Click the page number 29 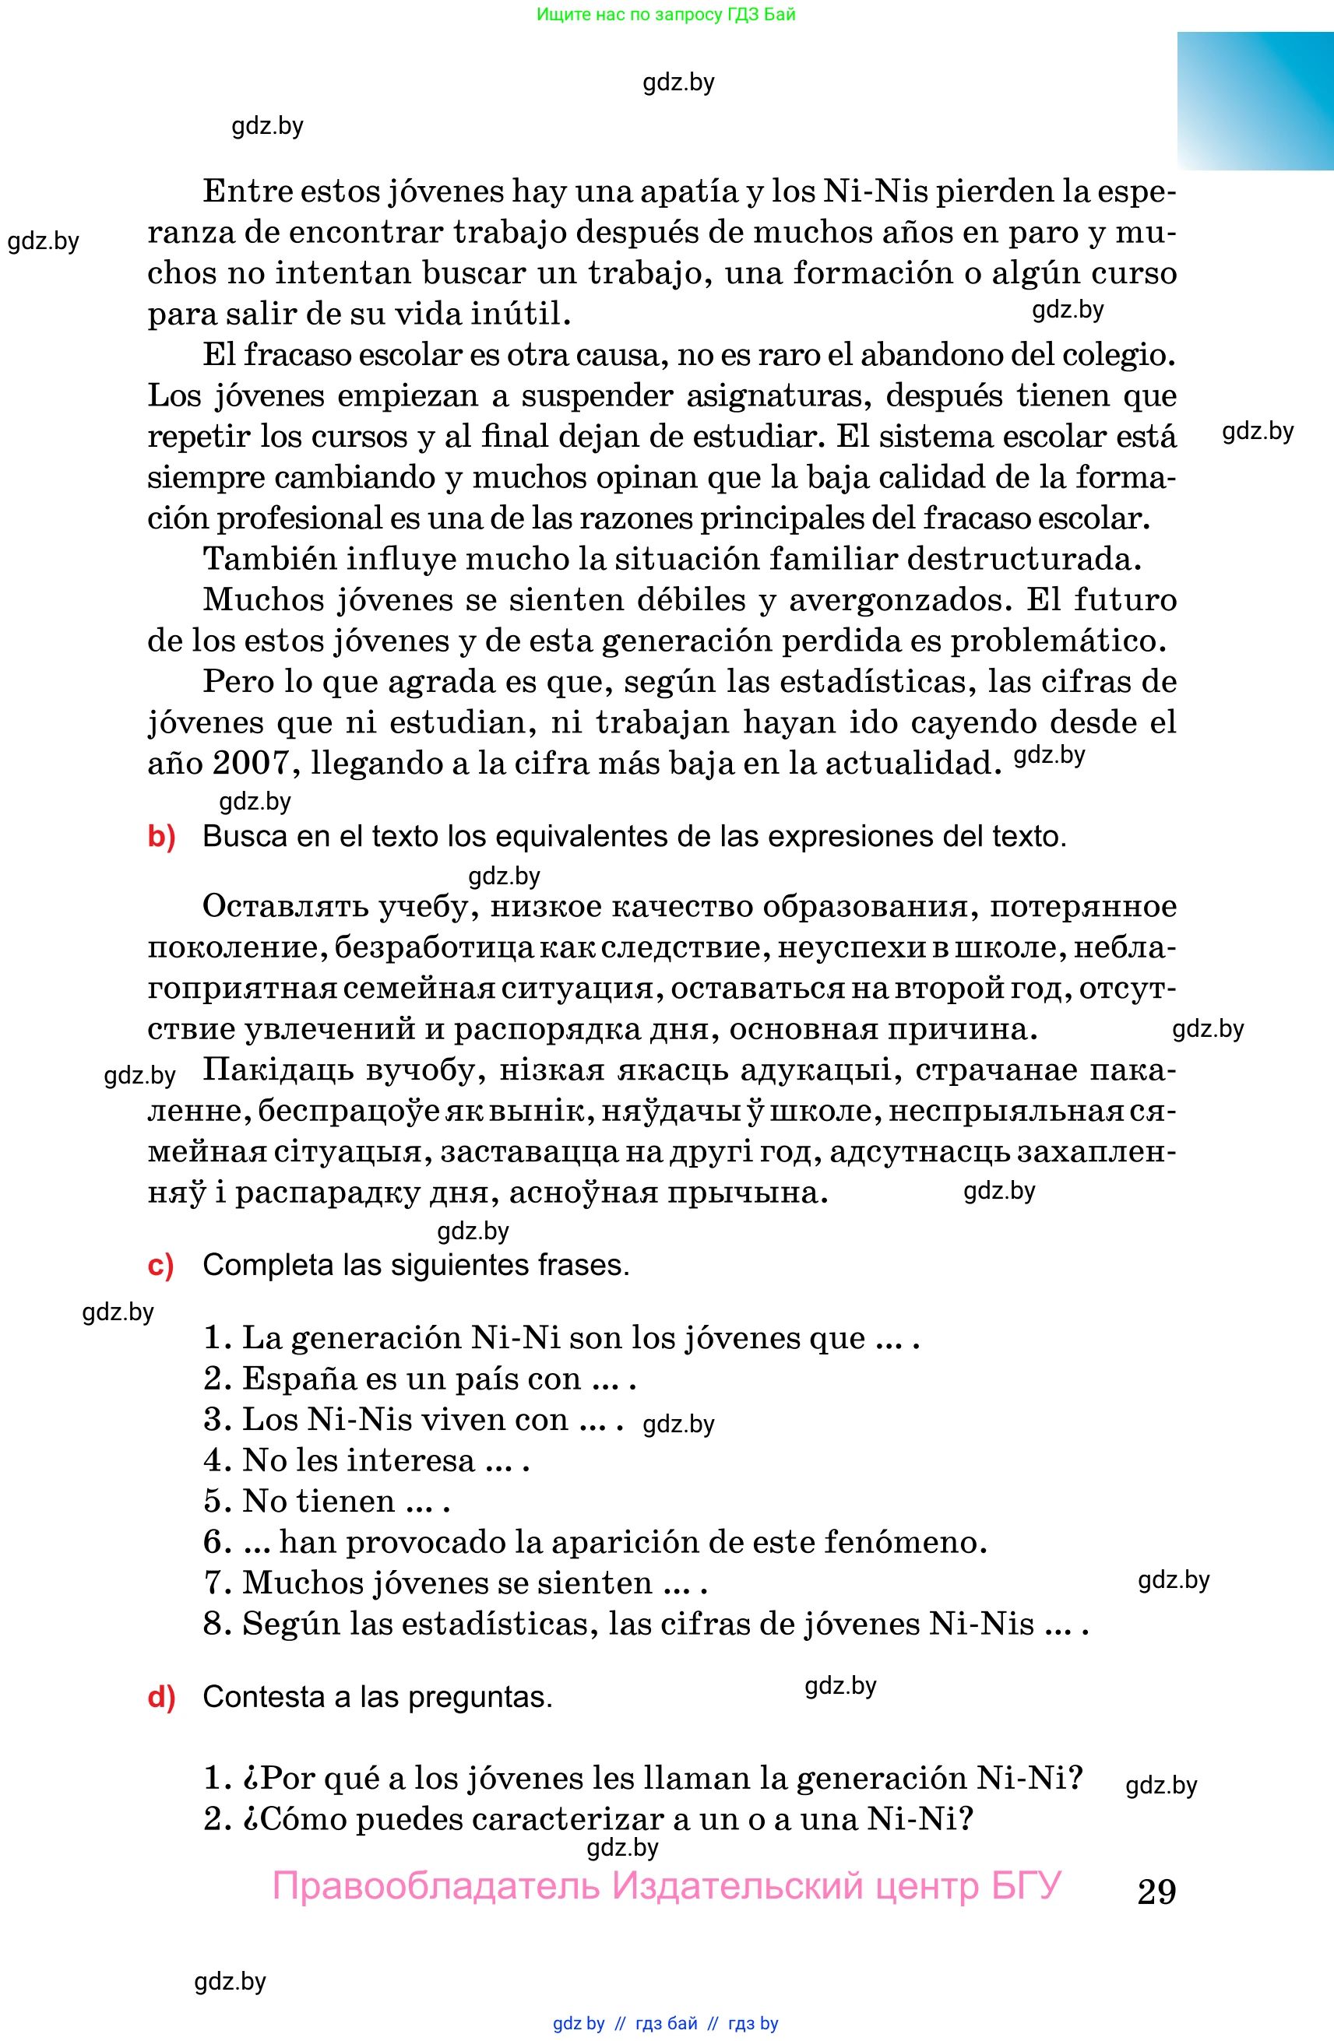coord(1156,1892)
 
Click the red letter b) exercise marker coord(161,836)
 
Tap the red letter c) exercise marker coord(160,1265)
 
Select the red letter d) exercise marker coord(161,1697)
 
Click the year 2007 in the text coord(252,762)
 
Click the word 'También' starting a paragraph coord(269,559)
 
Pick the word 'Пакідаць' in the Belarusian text coord(278,1070)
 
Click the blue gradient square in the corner coord(1255,101)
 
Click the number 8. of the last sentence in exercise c coord(217,1623)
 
